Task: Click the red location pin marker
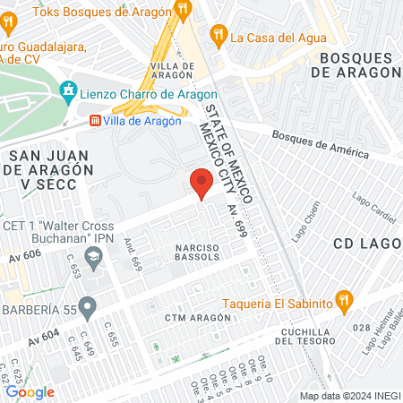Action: [201, 184]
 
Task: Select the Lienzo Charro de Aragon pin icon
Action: [66, 90]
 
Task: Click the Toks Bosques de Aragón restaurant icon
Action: [184, 10]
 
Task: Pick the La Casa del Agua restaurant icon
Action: [218, 36]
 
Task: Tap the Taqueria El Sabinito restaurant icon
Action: [341, 301]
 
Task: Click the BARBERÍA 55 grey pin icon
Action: [87, 308]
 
